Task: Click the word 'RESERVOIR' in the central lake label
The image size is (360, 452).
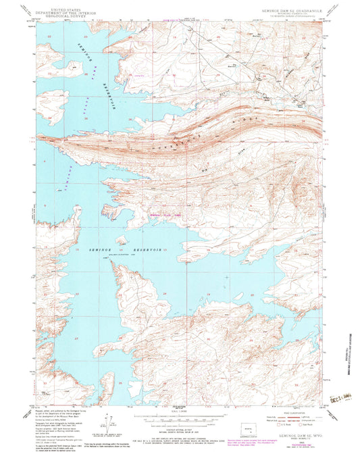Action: pyautogui.click(x=144, y=250)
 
